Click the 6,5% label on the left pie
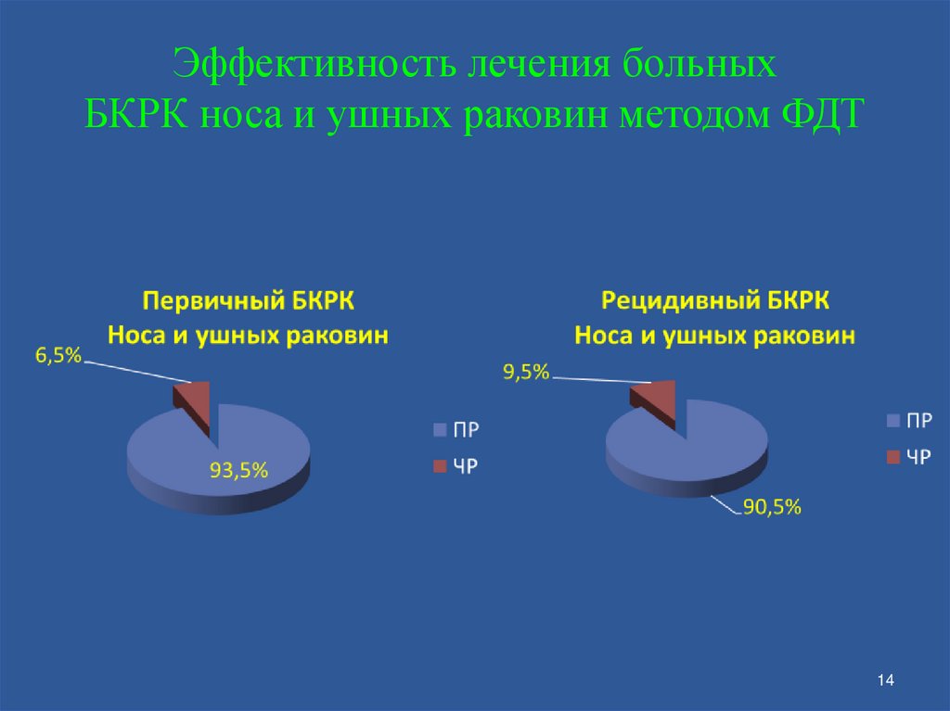[x=59, y=355]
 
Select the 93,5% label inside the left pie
[x=238, y=470]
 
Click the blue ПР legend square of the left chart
[x=439, y=429]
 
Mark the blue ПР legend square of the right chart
[x=893, y=421]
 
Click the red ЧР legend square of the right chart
[x=893, y=456]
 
